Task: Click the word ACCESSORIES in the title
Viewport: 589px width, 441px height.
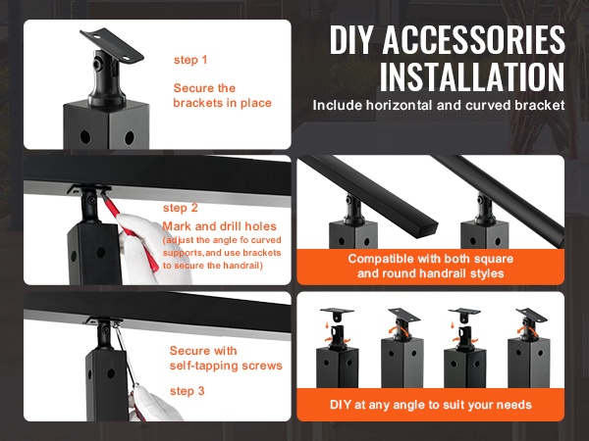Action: (474, 39)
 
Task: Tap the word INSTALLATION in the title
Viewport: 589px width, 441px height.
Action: (472, 76)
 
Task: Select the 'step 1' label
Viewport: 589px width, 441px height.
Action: (190, 60)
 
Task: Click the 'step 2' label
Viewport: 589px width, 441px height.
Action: (181, 208)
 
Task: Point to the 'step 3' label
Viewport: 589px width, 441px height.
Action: (187, 391)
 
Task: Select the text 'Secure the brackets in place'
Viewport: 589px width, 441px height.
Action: (222, 95)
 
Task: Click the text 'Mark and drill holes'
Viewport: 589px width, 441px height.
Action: (219, 226)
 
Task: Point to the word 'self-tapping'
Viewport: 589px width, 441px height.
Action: (203, 366)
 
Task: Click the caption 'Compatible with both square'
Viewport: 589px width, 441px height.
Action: (431, 259)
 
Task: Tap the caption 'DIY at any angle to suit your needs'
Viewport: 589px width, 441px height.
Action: (431, 405)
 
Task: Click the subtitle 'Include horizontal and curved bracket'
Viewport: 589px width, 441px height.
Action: (439, 106)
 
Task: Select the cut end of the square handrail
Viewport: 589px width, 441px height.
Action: (429, 228)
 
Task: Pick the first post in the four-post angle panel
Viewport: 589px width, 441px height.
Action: (337, 349)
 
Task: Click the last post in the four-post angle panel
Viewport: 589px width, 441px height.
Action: (528, 349)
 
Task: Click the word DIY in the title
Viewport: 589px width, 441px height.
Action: (352, 40)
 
